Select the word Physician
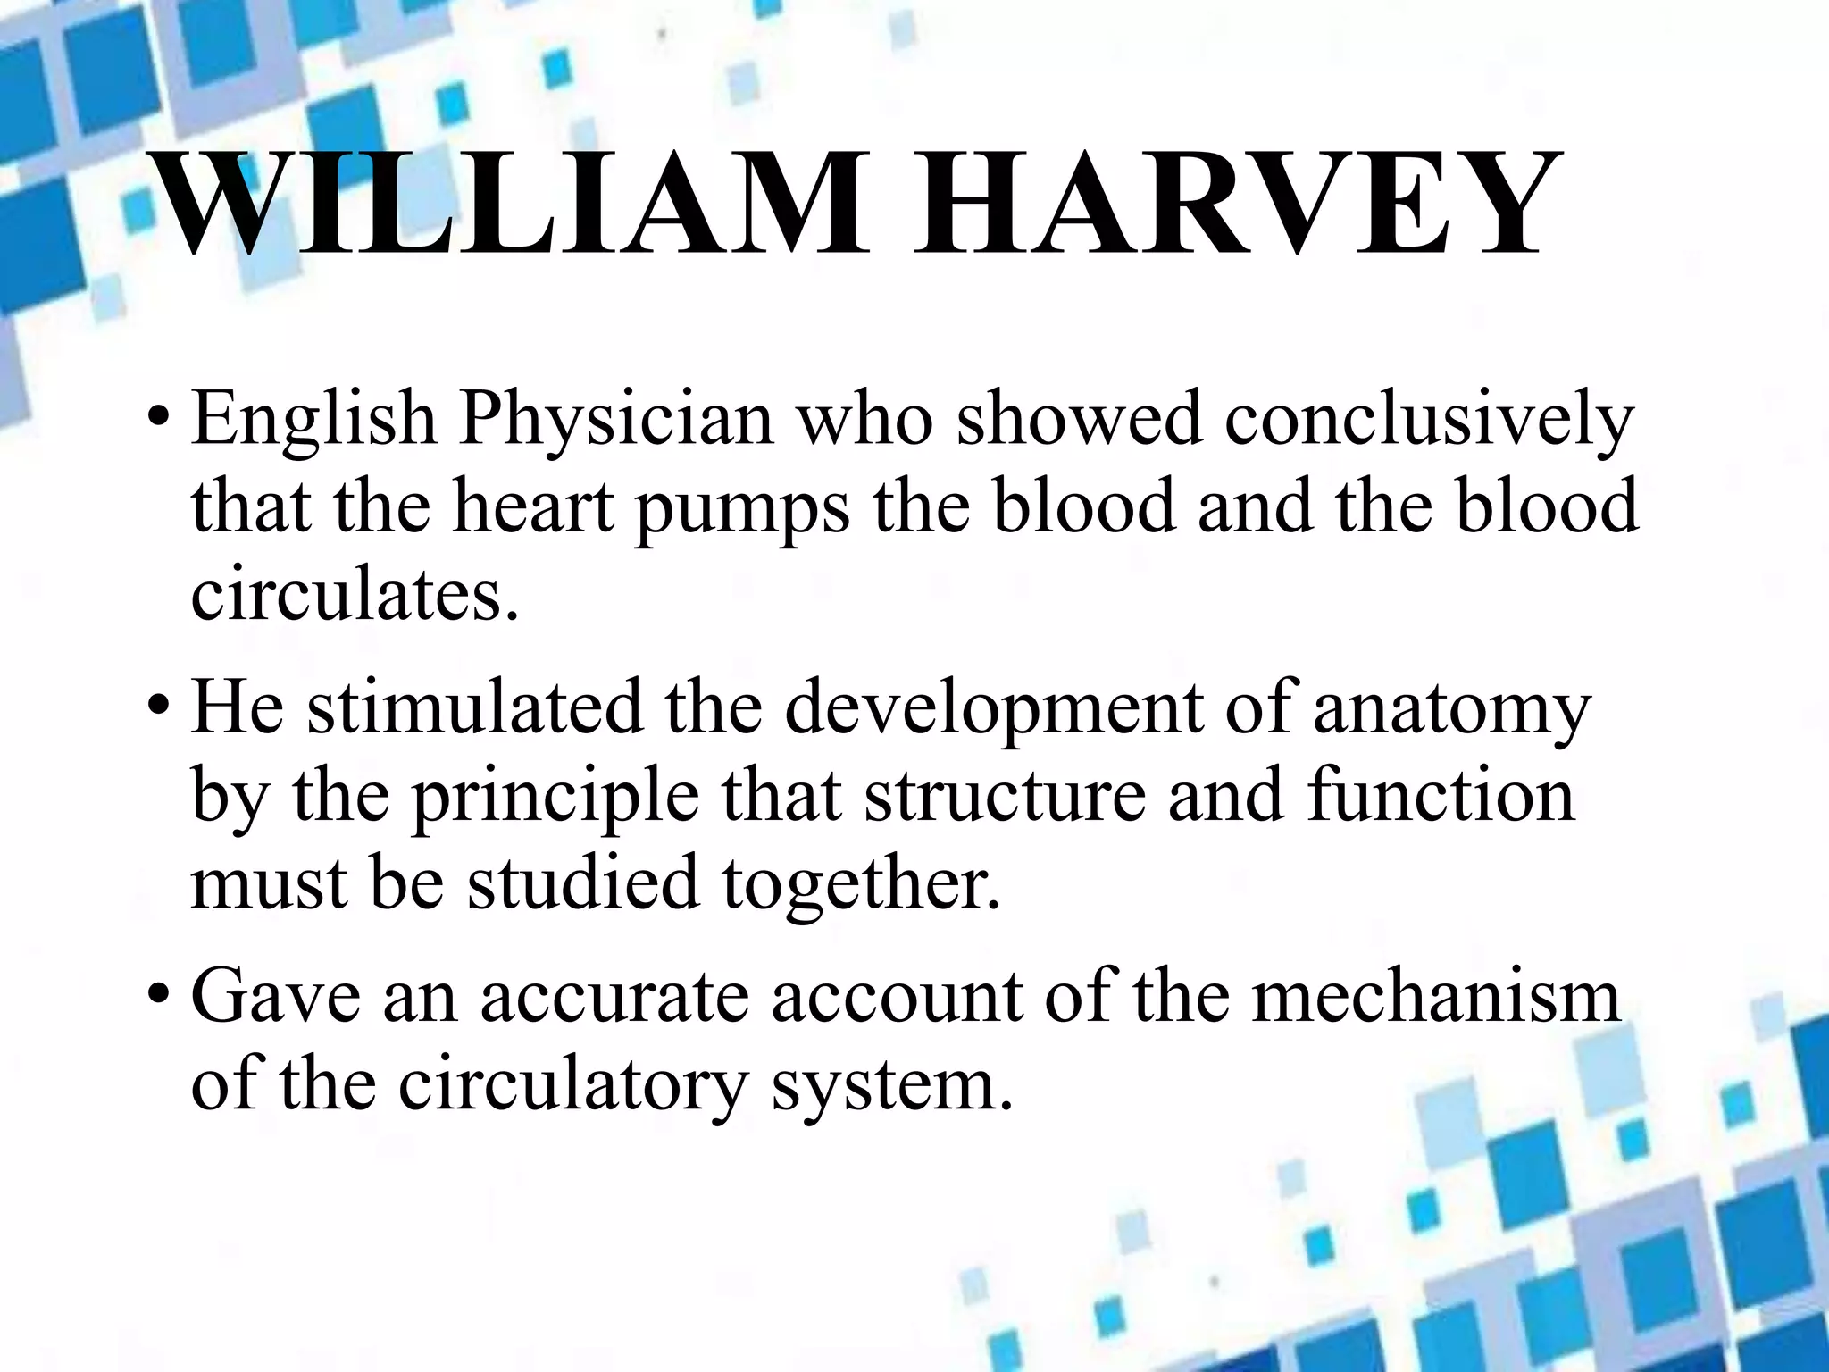(x=616, y=420)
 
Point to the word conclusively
(x=1429, y=420)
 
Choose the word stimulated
(x=474, y=707)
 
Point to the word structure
(x=1005, y=795)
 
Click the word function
(x=1441, y=795)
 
